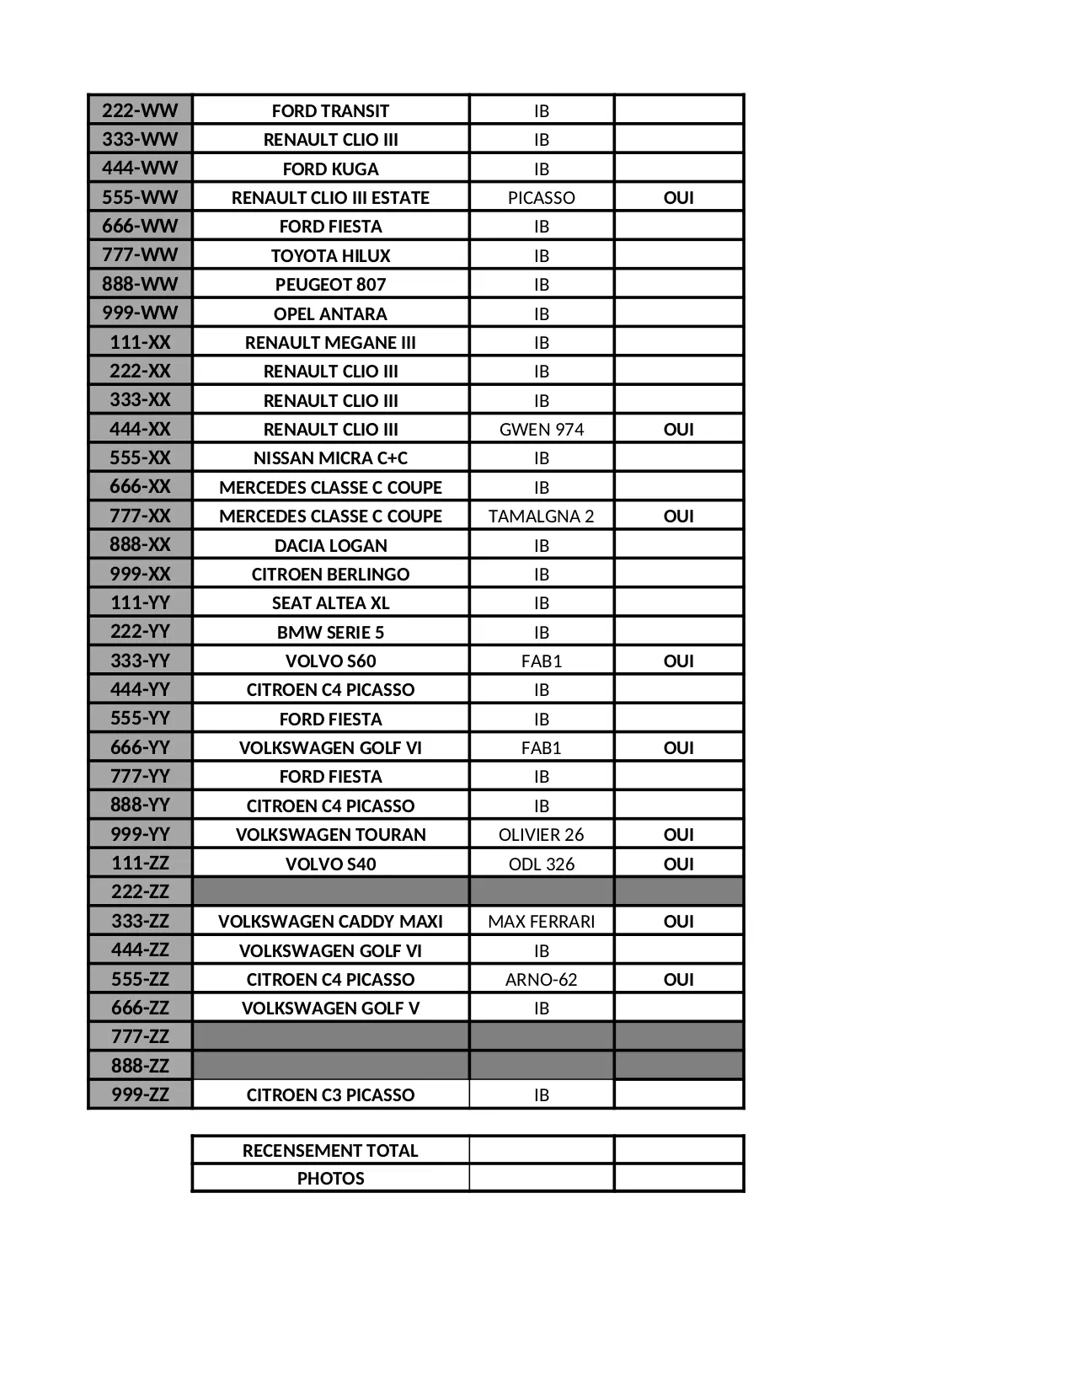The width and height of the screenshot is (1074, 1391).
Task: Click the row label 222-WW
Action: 140,110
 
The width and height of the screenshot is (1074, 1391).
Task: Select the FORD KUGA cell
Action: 330,169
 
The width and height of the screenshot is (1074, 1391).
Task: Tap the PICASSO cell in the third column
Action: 541,198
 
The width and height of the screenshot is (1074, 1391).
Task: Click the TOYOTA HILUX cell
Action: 330,255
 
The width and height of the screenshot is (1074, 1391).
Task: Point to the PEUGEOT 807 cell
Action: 330,285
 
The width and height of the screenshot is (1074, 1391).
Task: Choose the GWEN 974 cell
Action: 541,430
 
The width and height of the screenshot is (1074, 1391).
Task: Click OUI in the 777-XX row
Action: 678,516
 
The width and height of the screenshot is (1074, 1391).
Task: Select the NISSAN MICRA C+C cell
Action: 330,458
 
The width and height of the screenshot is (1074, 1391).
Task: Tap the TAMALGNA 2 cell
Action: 541,516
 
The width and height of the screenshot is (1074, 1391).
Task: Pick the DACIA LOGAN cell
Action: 330,545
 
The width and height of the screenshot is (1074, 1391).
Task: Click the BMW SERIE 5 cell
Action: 330,632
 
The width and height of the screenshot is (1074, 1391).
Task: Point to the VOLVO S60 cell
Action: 330,661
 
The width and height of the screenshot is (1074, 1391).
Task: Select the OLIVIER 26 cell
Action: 541,835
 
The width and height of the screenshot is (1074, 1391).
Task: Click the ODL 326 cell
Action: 541,864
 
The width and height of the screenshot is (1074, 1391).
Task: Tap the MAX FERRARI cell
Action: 541,922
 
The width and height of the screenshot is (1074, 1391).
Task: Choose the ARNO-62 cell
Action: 541,980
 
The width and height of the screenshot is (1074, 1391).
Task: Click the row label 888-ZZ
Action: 140,1066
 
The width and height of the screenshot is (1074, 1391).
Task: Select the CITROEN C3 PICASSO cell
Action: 330,1095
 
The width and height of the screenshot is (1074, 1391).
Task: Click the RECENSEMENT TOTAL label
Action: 330,1151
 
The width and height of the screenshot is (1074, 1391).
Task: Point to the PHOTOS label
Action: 330,1179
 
